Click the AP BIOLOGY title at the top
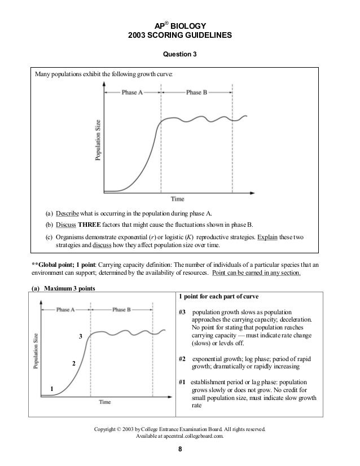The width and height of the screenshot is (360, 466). (180, 25)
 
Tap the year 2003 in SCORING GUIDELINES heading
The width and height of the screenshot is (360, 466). (139, 35)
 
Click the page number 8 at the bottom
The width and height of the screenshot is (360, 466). (180, 450)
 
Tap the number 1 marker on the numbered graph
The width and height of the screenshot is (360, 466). (52, 389)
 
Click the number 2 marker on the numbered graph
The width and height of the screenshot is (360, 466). (73, 363)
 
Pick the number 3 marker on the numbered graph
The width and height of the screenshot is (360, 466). (80, 336)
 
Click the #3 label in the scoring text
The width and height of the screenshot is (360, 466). (182, 313)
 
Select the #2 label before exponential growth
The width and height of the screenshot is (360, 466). (182, 359)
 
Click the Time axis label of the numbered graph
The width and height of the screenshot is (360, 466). (104, 402)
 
